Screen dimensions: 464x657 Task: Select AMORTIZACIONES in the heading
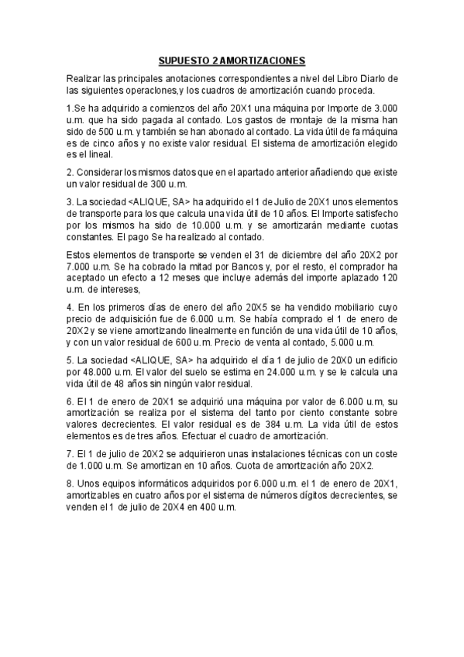[263, 60]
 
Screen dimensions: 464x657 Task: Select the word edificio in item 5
[378, 361]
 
